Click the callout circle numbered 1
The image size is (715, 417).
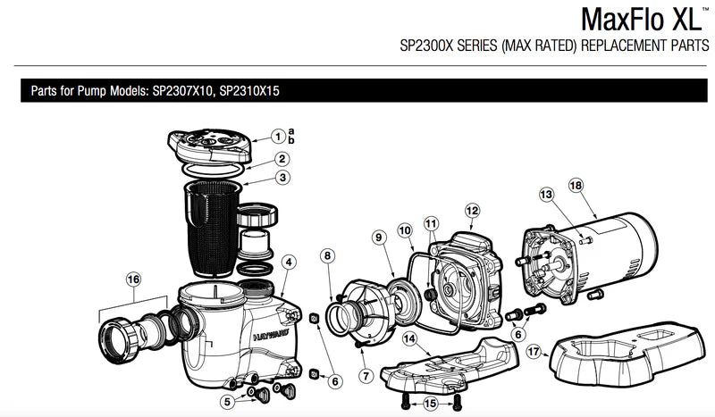pos(278,137)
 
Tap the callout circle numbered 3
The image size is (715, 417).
pos(282,178)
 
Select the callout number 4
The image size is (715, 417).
pos(289,262)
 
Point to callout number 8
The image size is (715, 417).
pos(327,255)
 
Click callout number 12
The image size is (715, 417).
pos(473,211)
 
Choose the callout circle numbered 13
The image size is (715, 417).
pos(546,195)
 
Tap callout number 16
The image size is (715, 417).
pos(133,279)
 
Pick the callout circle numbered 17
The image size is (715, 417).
pos(534,352)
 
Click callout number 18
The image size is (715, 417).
pos(576,186)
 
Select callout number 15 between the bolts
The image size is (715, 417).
pos(430,404)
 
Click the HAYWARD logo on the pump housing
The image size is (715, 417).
pos(271,336)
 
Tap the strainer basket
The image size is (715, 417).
pos(213,229)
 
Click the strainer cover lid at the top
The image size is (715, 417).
pos(210,146)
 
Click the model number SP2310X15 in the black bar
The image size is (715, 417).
pos(249,91)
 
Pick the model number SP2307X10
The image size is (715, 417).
pos(182,91)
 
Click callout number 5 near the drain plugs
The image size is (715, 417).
pos(228,402)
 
